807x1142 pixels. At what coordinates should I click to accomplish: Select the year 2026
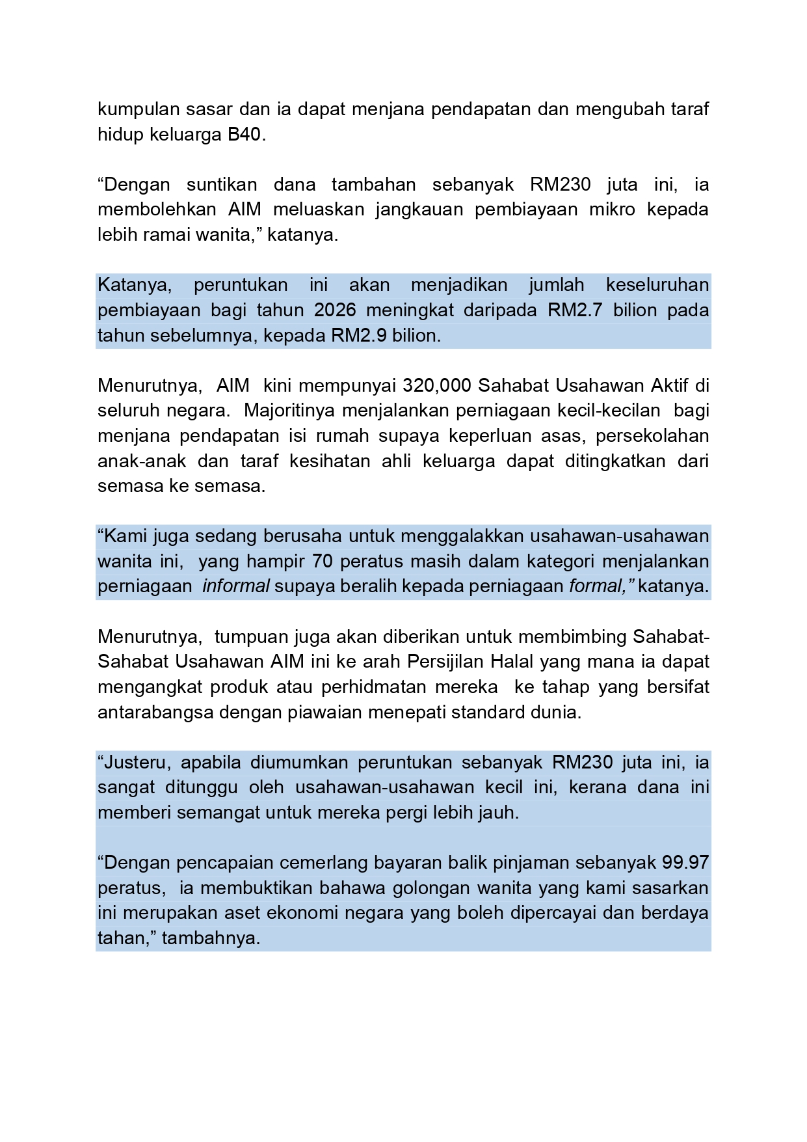335,310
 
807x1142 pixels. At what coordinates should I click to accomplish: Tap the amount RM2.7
575,310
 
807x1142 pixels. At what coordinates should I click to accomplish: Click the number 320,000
436,386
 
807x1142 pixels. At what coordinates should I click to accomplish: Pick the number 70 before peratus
323,562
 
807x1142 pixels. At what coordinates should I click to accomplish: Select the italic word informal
235,586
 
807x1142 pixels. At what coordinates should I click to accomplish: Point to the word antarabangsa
155,713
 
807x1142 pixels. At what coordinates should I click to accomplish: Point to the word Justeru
137,763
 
